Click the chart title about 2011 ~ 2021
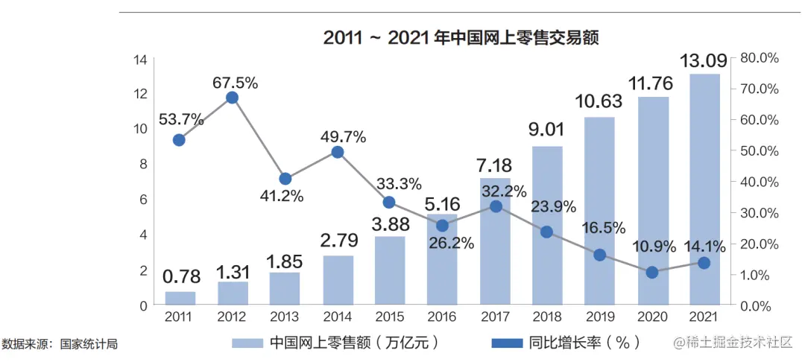point(461,38)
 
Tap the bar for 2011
point(180,298)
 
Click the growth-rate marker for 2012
point(232,98)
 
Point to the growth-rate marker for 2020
point(652,273)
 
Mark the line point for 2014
point(337,152)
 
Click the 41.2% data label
point(282,197)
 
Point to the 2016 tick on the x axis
point(442,317)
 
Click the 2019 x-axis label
point(599,317)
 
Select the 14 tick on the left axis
point(140,60)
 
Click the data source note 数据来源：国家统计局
point(60,344)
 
